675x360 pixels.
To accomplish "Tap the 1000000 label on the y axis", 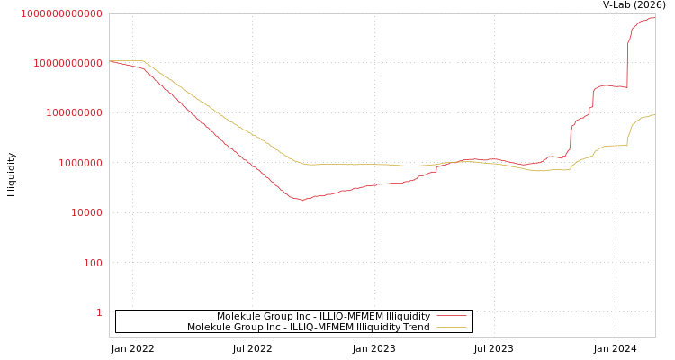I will [80, 163].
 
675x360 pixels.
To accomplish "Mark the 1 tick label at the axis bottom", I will [99, 312].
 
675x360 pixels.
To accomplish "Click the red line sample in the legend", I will [451, 316].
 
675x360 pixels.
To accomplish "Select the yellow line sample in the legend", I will [451, 327].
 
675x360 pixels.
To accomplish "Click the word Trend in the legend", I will [416, 327].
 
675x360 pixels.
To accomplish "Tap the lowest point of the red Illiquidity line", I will [301, 200].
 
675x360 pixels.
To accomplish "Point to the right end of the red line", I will [654, 18].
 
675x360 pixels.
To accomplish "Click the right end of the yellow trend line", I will [654, 115].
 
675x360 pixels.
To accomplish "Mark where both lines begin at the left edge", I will [110, 61].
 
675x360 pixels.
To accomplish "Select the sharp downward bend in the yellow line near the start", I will [144, 62].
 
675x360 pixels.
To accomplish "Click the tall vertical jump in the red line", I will [627, 63].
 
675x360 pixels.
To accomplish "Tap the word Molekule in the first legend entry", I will [238, 316].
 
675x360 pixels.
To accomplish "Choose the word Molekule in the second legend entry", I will [209, 327].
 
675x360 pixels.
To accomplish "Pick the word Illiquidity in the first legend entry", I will [408, 316].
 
